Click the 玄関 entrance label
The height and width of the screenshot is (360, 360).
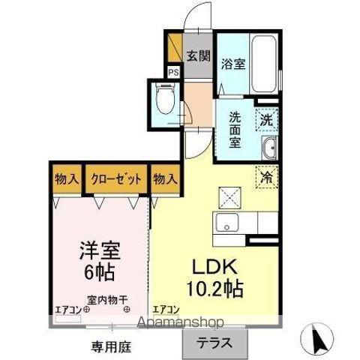pos(197,55)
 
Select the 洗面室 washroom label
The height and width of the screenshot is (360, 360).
pos(234,130)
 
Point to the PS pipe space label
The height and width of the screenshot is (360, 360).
pos(173,73)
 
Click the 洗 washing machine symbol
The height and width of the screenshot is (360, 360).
pos(267,118)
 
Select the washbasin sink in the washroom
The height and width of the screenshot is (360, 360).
pos(270,148)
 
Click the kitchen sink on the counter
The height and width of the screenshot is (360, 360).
pos(226,222)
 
